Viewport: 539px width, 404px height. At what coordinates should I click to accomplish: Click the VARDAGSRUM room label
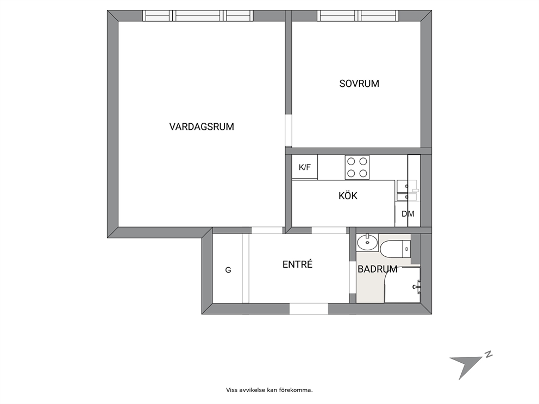pos(202,127)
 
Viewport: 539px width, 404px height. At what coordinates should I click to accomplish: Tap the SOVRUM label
pos(359,84)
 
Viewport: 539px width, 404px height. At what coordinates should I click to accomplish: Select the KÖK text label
pos(348,196)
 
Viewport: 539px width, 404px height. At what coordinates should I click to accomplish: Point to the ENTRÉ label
pos(297,264)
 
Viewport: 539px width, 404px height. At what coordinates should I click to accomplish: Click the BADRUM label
pos(378,269)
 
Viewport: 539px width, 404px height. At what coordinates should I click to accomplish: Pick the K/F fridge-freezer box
pos(305,167)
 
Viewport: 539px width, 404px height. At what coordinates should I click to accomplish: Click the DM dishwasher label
pos(408,214)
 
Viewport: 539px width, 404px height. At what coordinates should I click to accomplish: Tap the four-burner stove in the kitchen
pos(357,167)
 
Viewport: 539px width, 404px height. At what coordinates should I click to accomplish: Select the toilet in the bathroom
pos(396,249)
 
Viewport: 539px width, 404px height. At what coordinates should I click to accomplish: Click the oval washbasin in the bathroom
pos(367,243)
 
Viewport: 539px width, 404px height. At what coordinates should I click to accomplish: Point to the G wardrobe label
pos(228,270)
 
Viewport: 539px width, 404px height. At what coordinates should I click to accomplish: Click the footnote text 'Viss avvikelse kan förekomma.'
pos(269,390)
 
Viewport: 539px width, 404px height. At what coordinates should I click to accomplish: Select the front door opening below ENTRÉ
pos(309,308)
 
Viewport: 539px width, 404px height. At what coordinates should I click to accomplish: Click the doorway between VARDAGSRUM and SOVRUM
pos(289,131)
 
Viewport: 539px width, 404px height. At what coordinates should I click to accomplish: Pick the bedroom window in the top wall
pos(358,16)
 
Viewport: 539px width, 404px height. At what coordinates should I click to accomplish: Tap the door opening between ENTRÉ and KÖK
pos(329,231)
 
